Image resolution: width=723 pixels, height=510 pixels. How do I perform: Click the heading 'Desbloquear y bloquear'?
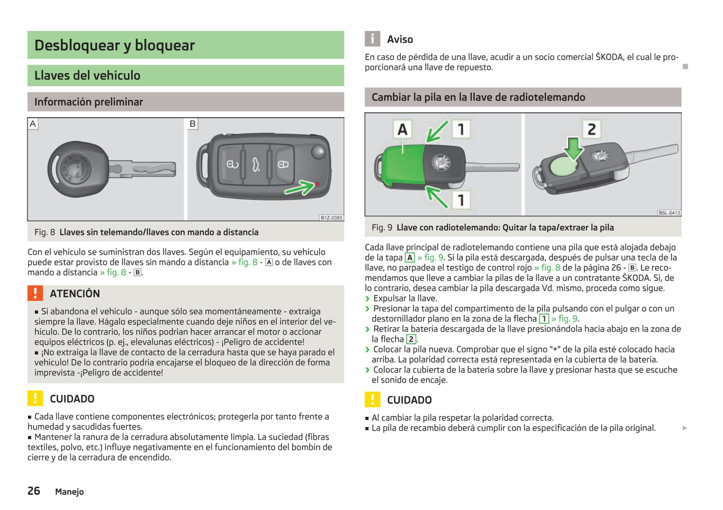115,45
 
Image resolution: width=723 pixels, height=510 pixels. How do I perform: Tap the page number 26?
34,491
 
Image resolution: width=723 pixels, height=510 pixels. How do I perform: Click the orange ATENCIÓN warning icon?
35,293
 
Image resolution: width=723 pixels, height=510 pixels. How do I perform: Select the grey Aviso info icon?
372,39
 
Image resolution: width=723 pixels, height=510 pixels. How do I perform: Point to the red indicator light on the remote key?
317,184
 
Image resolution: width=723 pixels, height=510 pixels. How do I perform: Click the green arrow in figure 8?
300,188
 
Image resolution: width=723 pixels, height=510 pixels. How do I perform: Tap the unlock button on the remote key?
283,165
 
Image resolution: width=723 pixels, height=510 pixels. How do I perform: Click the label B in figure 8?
193,124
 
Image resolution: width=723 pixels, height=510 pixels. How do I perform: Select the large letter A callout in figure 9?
402,130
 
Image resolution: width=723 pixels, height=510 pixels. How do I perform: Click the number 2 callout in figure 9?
591,129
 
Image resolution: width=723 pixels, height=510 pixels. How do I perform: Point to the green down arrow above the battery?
573,149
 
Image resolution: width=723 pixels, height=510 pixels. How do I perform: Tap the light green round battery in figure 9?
563,168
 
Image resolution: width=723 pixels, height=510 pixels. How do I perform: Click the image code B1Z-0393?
331,218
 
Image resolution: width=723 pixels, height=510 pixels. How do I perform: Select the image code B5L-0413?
669,213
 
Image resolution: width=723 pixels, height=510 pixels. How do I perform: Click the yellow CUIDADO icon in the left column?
35,398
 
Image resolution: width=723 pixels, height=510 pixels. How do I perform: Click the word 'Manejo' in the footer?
70,491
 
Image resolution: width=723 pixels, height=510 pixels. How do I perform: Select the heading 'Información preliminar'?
89,102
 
